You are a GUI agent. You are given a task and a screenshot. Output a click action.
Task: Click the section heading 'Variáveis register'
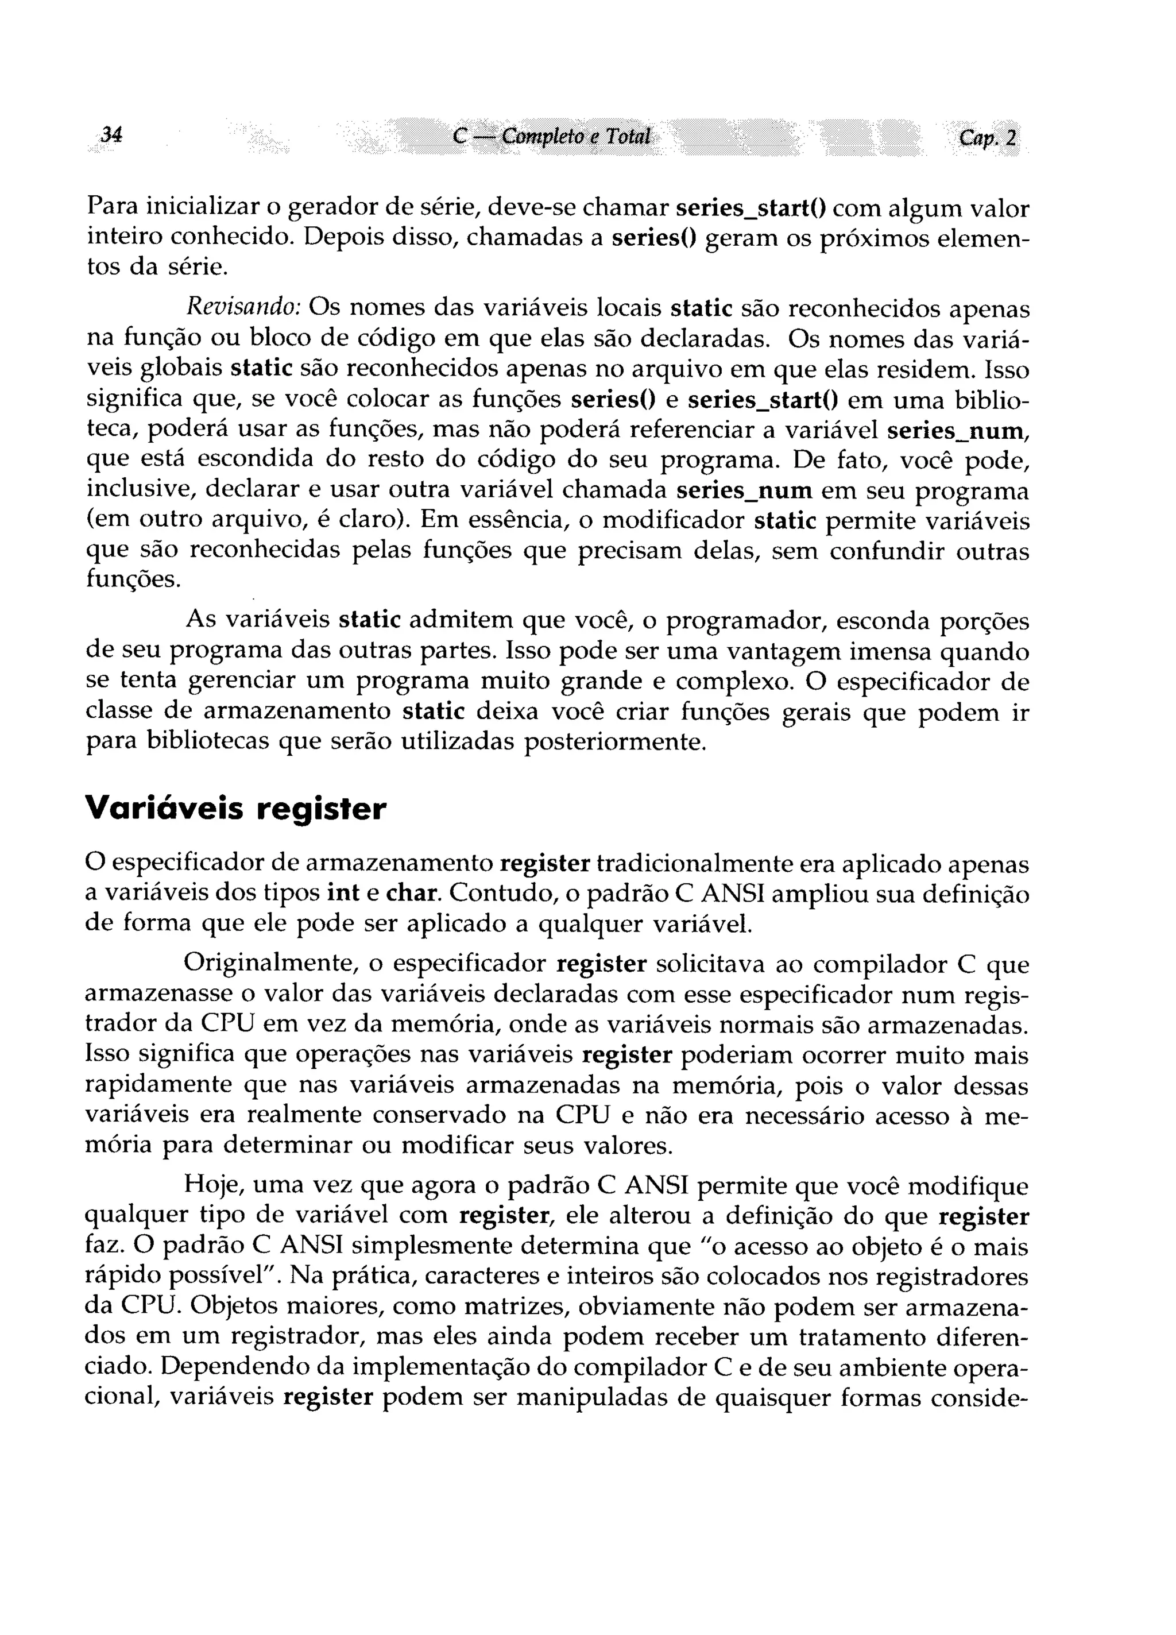coord(236,808)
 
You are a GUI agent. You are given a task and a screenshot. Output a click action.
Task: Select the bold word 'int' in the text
coord(343,893)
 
